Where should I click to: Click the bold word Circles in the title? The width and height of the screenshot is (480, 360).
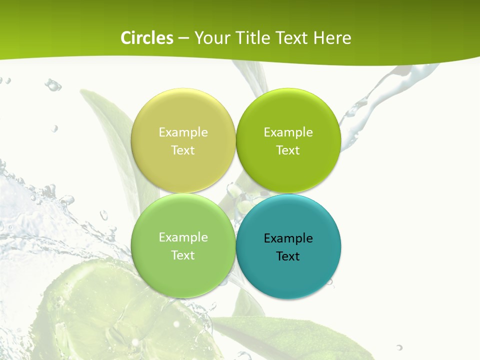pyautogui.click(x=146, y=38)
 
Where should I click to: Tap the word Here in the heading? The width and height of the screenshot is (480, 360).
pyautogui.click(x=332, y=38)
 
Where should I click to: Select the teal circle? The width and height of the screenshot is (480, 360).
pyautogui.click(x=288, y=270)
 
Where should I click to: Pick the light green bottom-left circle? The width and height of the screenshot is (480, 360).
pyautogui.click(x=183, y=270)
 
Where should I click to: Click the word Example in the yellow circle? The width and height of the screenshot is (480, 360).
pyautogui.click(x=183, y=132)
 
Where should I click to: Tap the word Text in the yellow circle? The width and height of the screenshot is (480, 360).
pyautogui.click(x=183, y=150)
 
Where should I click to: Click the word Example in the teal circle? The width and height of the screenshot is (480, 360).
pyautogui.click(x=288, y=238)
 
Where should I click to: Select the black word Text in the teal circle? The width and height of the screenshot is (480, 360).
pyautogui.click(x=288, y=256)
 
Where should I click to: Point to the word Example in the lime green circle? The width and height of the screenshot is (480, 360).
pyautogui.click(x=288, y=132)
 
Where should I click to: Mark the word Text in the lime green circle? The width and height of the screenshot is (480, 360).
pyautogui.click(x=288, y=150)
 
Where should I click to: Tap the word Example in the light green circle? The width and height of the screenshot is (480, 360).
pyautogui.click(x=183, y=237)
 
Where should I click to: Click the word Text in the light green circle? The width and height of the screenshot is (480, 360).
pyautogui.click(x=183, y=255)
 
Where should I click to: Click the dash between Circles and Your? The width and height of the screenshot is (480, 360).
pyautogui.click(x=183, y=38)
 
